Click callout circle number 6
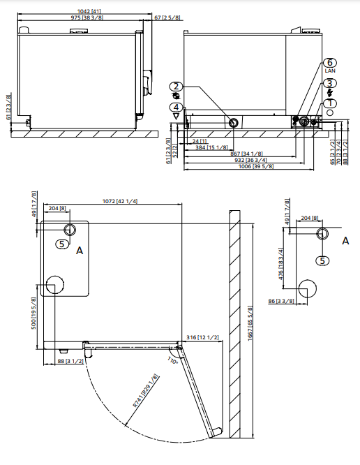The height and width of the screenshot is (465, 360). [330, 64]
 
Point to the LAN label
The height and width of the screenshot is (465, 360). [330, 72]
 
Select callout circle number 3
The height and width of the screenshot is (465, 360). [330, 83]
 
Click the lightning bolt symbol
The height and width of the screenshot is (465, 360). [330, 93]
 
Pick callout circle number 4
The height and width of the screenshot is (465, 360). [177, 107]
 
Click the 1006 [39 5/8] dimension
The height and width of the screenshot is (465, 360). [256, 166]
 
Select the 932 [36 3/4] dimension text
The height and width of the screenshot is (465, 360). [256, 160]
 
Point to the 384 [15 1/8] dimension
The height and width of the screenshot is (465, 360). [210, 147]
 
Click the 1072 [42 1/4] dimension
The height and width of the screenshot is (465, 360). [119, 202]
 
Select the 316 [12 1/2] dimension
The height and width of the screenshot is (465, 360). [203, 338]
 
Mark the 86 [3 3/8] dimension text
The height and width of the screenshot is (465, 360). [283, 301]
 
